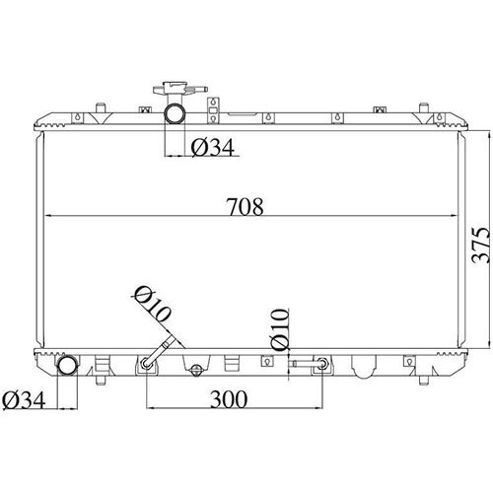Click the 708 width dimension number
click(246, 207)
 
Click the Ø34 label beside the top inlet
click(212, 148)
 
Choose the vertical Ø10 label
click(280, 330)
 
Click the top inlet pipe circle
click(175, 113)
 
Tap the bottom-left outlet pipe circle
click(68, 366)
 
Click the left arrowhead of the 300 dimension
click(150, 409)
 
